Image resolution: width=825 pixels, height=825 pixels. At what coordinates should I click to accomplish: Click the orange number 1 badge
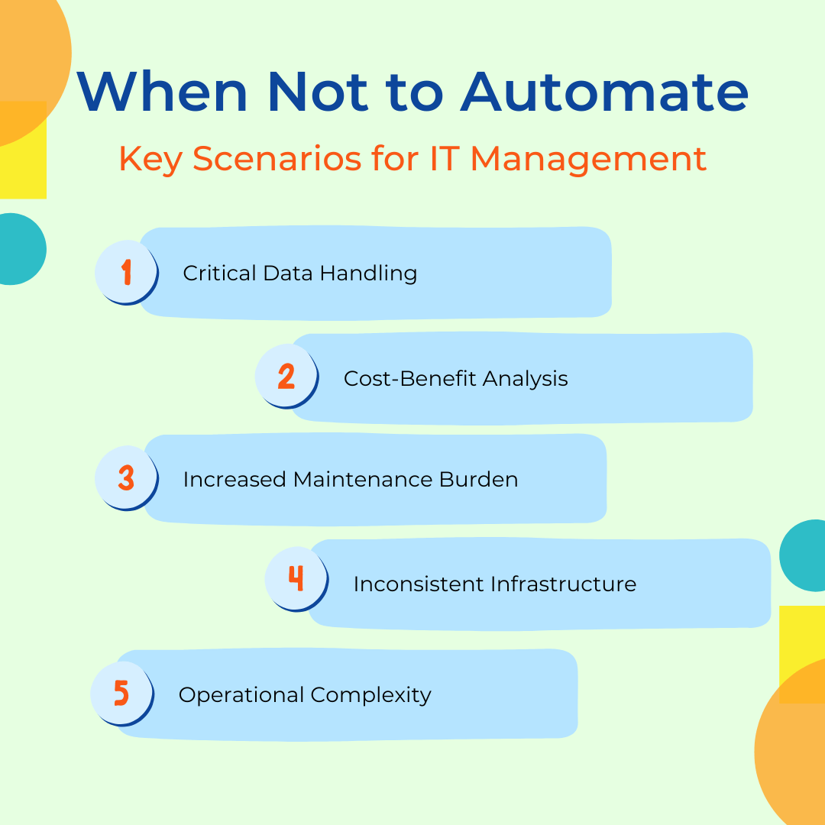[x=126, y=272]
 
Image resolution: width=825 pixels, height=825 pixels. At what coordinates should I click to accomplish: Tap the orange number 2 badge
[x=286, y=377]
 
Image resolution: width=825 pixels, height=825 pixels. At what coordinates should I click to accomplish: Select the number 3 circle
[x=126, y=478]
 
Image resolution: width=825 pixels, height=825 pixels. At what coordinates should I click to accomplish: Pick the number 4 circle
[x=296, y=579]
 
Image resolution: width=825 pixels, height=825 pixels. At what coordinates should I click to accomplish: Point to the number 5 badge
[x=121, y=693]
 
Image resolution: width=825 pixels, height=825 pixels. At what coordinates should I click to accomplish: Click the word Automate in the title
[x=604, y=92]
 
